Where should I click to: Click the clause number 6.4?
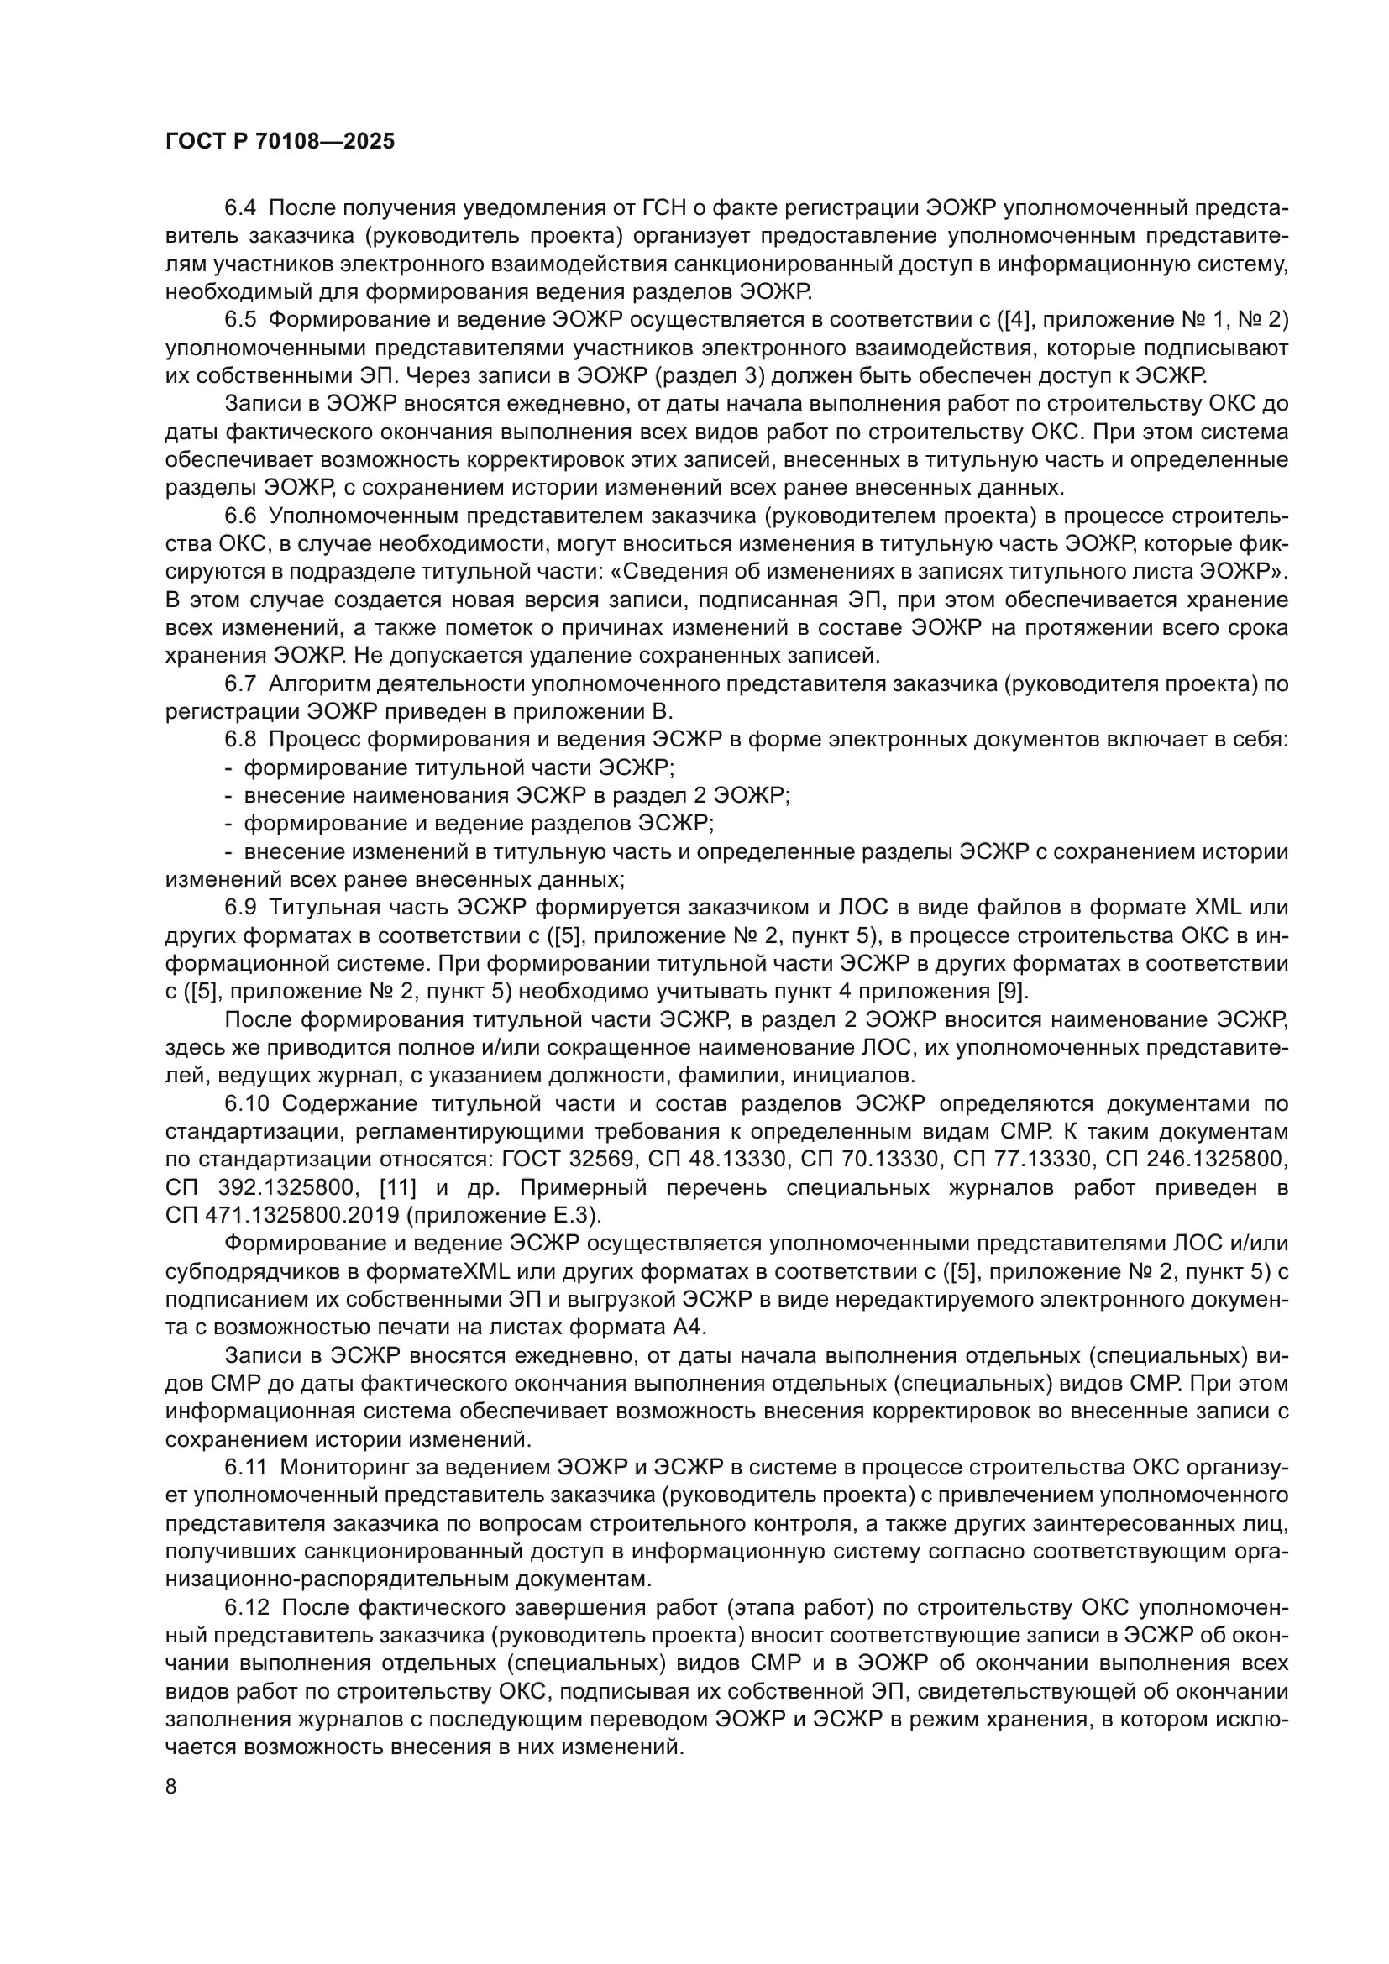click(x=240, y=208)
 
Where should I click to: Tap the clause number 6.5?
click(x=240, y=320)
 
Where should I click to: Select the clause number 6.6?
click(x=240, y=516)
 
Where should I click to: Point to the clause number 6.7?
click(x=240, y=684)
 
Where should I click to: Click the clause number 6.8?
click(x=240, y=740)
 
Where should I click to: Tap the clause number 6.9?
click(x=240, y=909)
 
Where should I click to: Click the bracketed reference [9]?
click(x=1014, y=992)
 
